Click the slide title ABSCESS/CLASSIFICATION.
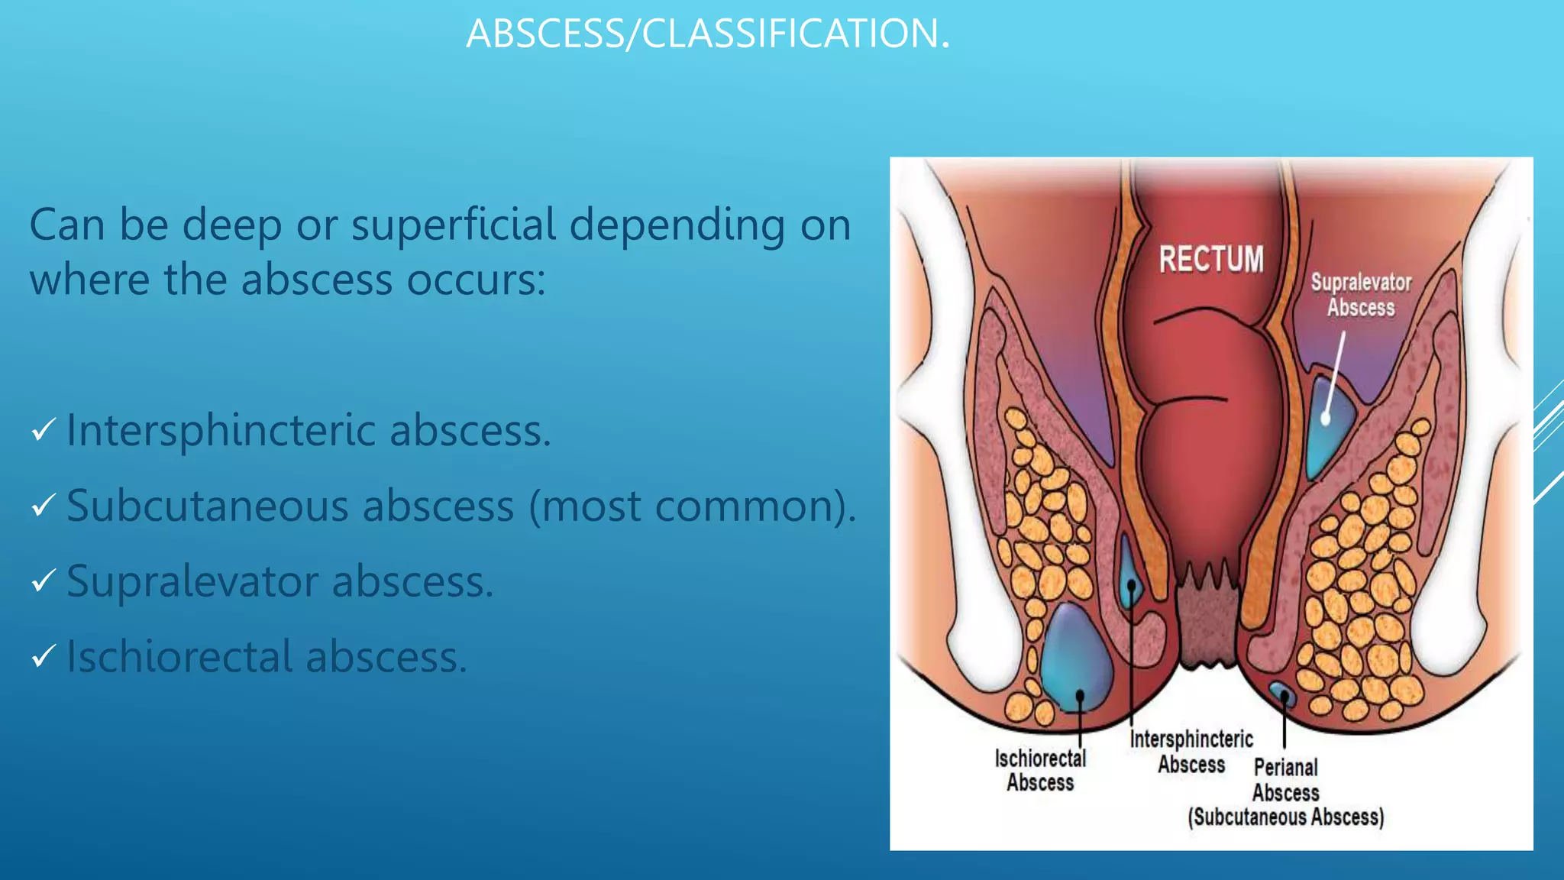(708, 34)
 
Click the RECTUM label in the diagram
(1211, 259)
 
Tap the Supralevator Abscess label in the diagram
(1361, 295)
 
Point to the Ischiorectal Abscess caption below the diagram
(1040, 770)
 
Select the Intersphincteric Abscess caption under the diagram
(1191, 752)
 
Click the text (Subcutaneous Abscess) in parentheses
(1285, 817)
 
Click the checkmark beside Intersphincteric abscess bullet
(44, 430)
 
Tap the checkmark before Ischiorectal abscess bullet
(44, 656)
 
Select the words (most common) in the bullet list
(692, 506)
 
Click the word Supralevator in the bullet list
(192, 581)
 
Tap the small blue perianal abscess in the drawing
(1282, 694)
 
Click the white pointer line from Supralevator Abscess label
(1335, 374)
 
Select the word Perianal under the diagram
(1286, 767)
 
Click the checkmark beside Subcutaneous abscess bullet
(44, 506)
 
